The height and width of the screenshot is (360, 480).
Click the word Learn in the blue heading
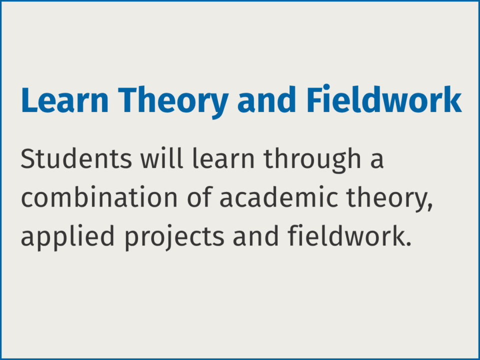pyautogui.click(x=64, y=100)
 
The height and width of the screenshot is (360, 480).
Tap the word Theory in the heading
pyautogui.click(x=173, y=103)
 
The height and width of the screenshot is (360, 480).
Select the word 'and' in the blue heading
pyautogui.click(x=266, y=99)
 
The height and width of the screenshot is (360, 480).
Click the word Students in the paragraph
pyautogui.click(x=76, y=158)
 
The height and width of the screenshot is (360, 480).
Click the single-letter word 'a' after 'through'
pyautogui.click(x=377, y=162)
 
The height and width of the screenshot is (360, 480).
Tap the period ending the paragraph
pyautogui.click(x=407, y=244)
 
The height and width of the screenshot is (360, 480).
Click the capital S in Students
pyautogui.click(x=28, y=159)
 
